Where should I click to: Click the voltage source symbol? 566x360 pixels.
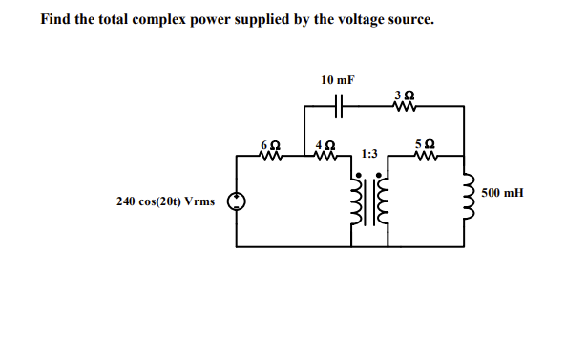[x=237, y=201]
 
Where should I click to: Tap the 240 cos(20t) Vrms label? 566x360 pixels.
[x=165, y=201]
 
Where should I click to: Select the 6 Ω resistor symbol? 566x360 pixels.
[x=268, y=154]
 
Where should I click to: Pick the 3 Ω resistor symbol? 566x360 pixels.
[x=402, y=106]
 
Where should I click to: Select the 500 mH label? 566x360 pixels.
[x=502, y=193]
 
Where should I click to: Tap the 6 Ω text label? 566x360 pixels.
[x=268, y=141]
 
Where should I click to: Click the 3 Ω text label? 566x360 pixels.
[x=402, y=94]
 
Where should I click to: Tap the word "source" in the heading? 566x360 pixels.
[x=410, y=19]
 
